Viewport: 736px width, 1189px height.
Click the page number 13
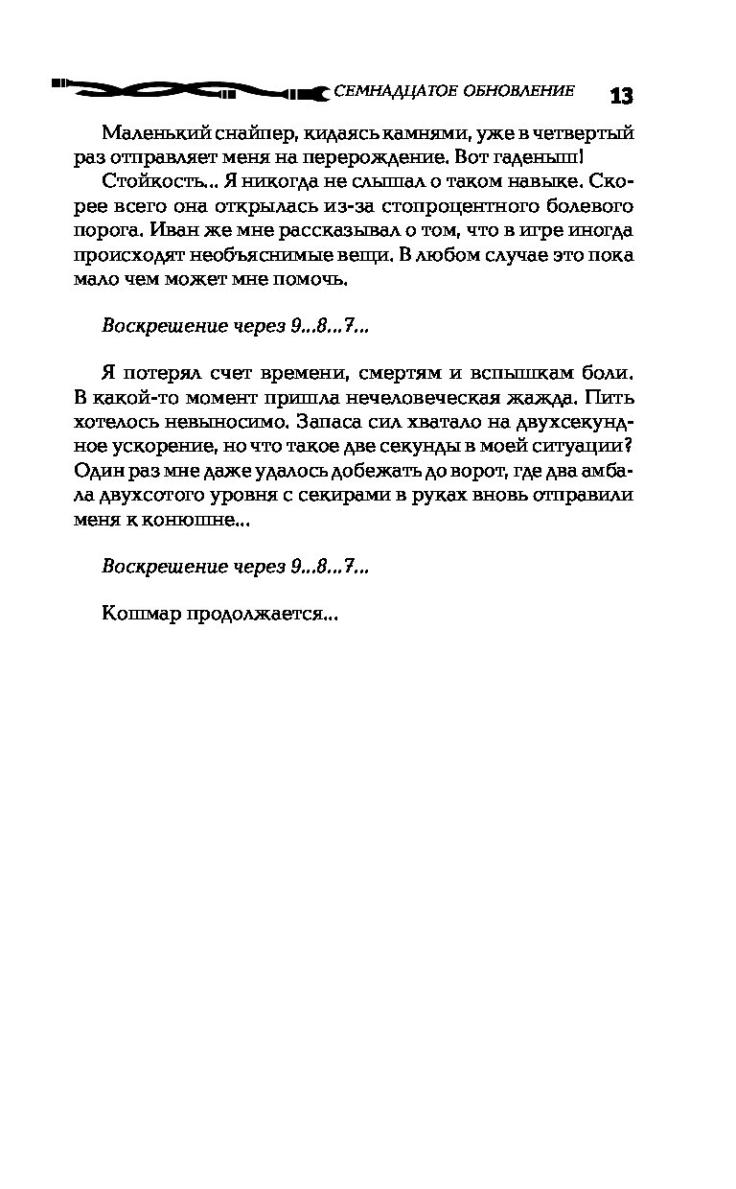[620, 96]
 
